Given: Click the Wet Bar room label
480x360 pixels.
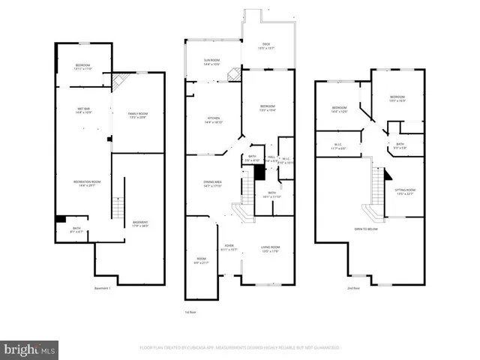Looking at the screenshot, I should (x=83, y=111).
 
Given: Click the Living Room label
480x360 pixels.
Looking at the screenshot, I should (x=270, y=248).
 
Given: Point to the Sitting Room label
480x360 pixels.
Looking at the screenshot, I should (x=405, y=192).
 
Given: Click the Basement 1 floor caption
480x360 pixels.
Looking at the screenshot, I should (x=103, y=289).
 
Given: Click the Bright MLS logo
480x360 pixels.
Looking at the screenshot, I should (x=29, y=349).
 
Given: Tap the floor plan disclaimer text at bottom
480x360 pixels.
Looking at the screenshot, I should (x=239, y=348).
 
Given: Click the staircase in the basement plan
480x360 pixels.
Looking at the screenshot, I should (x=117, y=207).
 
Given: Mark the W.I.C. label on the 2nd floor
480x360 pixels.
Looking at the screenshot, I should (x=337, y=144).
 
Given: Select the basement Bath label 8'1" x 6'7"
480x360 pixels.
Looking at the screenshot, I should (x=76, y=229).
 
